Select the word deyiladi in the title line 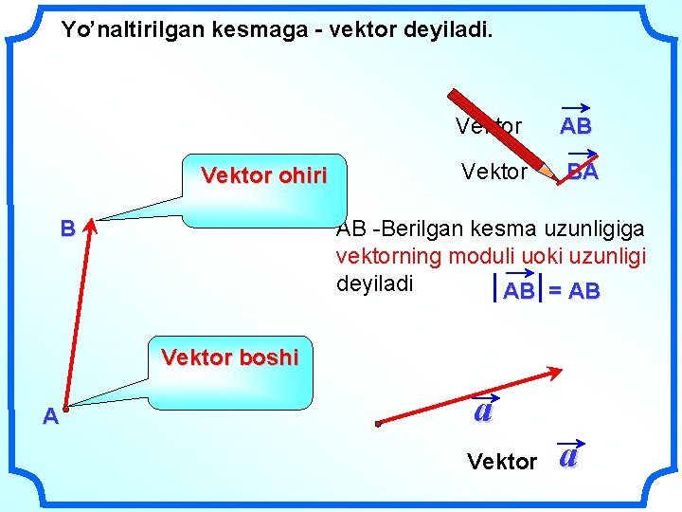click(x=445, y=30)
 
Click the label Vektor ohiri click(x=264, y=175)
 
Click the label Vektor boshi click(x=230, y=357)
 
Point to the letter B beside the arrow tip click(x=66, y=229)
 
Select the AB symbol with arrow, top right click(x=575, y=123)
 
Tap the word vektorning click(x=384, y=256)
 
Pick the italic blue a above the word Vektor click(x=483, y=411)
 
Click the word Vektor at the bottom click(x=502, y=462)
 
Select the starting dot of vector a click(x=377, y=423)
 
